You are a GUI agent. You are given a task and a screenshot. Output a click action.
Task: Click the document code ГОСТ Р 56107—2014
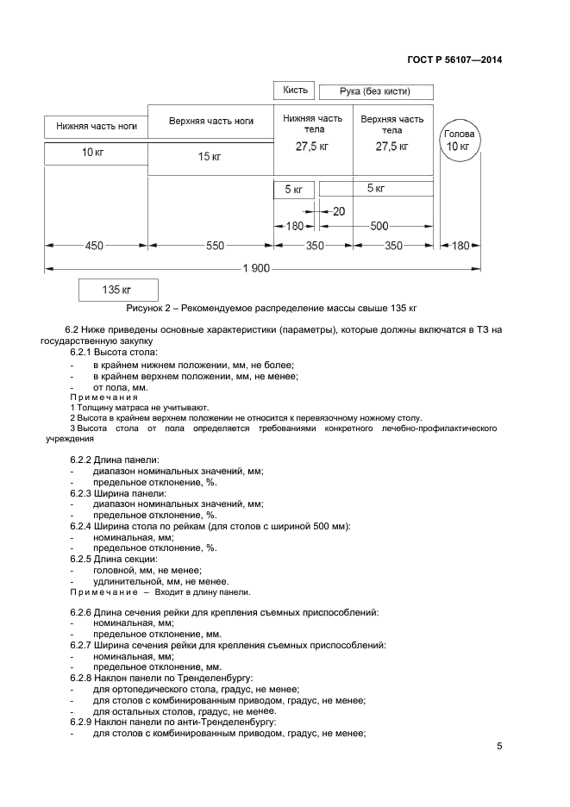pos(454,60)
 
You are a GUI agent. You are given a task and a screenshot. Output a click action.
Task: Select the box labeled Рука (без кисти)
pos(375,91)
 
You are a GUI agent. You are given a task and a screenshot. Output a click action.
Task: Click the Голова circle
pos(458,141)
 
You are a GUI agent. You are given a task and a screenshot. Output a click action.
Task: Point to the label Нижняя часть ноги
pos(96,126)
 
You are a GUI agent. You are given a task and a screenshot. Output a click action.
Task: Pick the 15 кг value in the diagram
pos(210,157)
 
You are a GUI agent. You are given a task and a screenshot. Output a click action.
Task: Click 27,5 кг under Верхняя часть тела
pos(391,147)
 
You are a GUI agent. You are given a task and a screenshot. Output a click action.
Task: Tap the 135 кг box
pos(117,290)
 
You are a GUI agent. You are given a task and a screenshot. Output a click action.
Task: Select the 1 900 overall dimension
pos(257,270)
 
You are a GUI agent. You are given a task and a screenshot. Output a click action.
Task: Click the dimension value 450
pos(94,246)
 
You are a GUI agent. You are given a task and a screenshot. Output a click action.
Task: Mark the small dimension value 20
pos(338,211)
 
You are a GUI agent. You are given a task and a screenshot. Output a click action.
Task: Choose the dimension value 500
pos(379,227)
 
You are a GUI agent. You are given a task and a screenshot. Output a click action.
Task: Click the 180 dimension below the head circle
pos(460,246)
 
